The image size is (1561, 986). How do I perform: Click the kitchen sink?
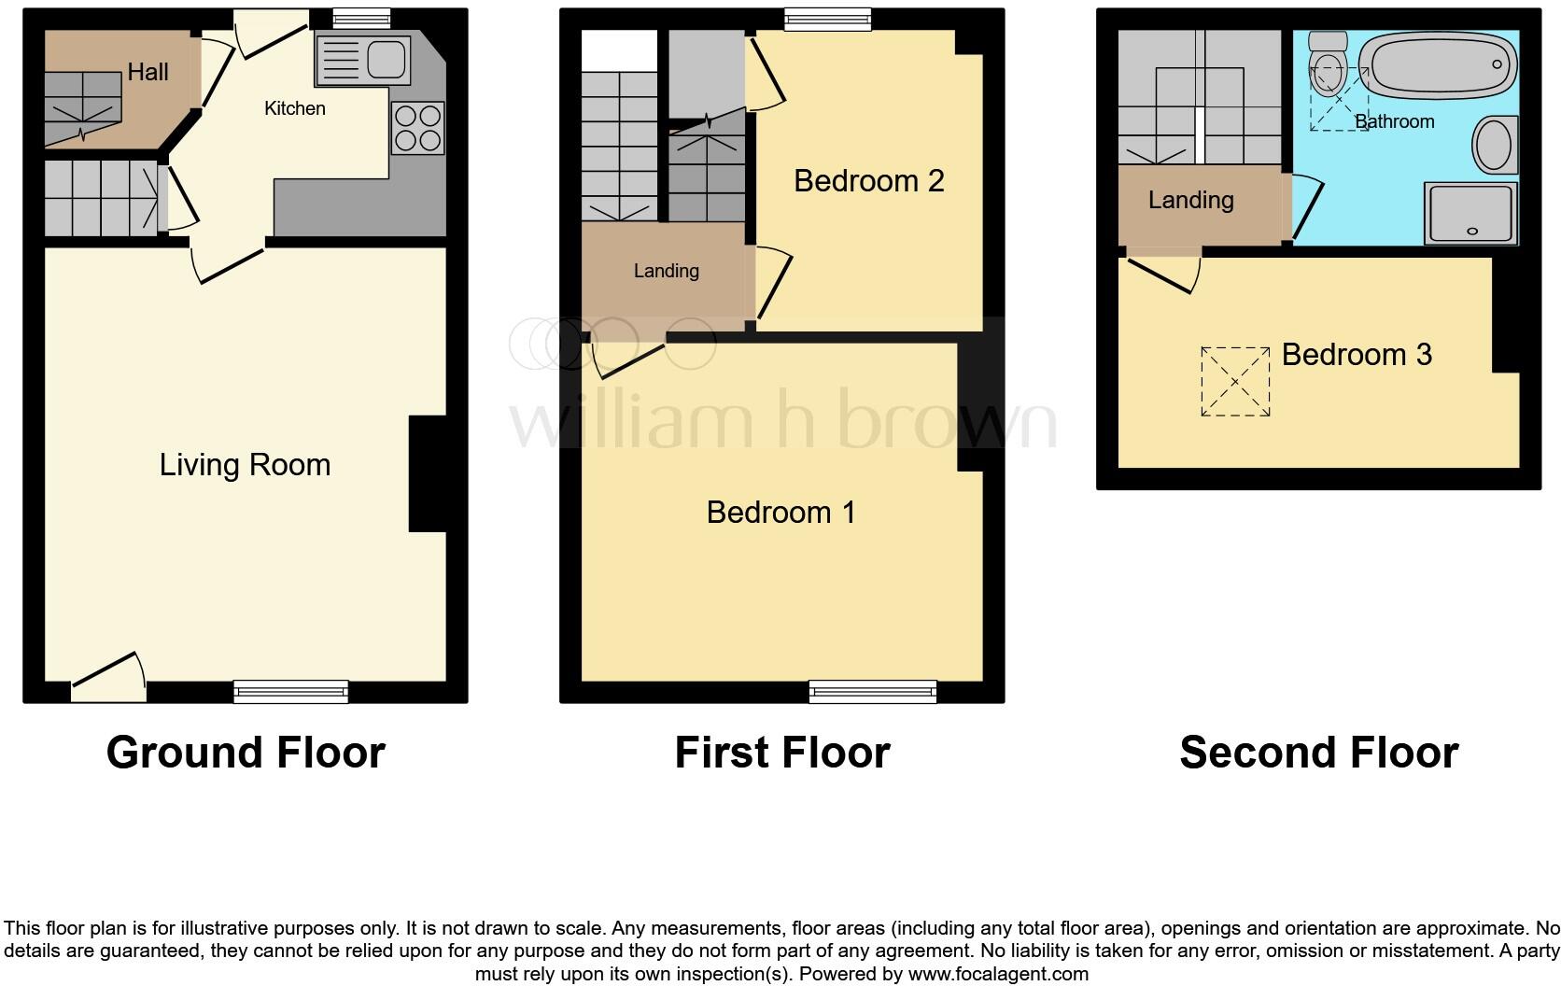click(x=363, y=59)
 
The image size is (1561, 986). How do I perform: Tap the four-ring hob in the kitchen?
click(x=417, y=128)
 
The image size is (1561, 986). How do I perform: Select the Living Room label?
click(x=245, y=465)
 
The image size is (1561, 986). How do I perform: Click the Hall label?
click(x=148, y=72)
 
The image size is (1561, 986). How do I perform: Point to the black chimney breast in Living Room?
click(x=427, y=473)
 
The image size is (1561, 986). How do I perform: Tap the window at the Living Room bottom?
click(x=290, y=691)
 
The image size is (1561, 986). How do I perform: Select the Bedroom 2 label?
click(x=868, y=180)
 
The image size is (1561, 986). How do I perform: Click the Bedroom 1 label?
click(x=780, y=512)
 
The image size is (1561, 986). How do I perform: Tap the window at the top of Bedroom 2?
click(x=827, y=19)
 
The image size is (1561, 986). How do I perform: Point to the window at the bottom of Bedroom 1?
click(x=873, y=691)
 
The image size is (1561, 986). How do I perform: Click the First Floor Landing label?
click(x=666, y=271)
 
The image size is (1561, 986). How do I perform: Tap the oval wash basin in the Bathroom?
click(x=1494, y=145)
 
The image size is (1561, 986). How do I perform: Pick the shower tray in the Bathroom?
click(x=1470, y=214)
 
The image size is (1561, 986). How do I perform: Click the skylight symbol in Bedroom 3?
click(x=1235, y=381)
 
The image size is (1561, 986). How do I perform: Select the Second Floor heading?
click(x=1318, y=753)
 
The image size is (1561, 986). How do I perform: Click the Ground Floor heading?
click(x=246, y=753)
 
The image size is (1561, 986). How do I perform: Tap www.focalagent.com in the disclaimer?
click(x=997, y=974)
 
